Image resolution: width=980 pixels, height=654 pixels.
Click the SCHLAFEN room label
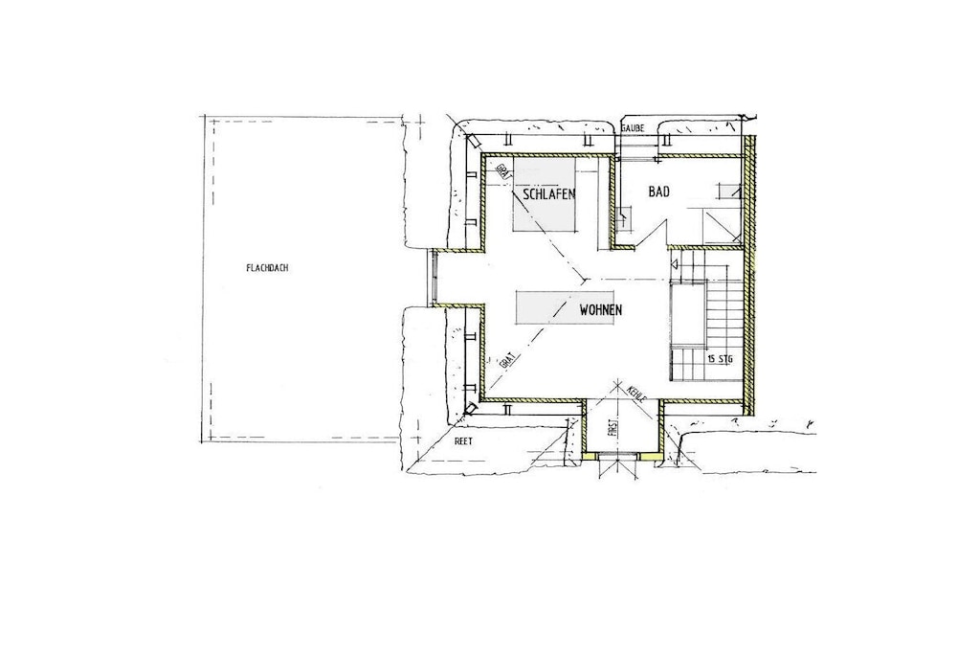pyautogui.click(x=549, y=193)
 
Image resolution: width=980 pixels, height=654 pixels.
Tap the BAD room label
pyautogui.click(x=658, y=192)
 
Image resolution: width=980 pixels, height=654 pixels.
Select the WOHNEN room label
pyautogui.click(x=601, y=309)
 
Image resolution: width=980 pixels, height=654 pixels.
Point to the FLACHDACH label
pyautogui.click(x=267, y=268)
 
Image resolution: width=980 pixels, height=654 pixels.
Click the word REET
pyautogui.click(x=464, y=441)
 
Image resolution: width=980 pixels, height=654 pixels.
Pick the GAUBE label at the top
pyautogui.click(x=632, y=127)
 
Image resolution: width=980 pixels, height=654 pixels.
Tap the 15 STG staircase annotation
pyautogui.click(x=721, y=359)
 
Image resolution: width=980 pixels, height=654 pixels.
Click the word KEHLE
pyautogui.click(x=635, y=394)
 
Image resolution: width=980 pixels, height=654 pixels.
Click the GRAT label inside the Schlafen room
pyautogui.click(x=501, y=170)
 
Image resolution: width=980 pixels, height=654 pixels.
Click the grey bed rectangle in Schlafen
pyautogui.click(x=544, y=193)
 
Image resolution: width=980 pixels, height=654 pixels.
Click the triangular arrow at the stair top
pyautogui.click(x=675, y=264)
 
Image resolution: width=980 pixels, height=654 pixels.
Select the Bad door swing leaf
pyautogui.click(x=651, y=236)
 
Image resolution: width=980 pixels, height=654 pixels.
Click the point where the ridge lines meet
pyautogui.click(x=584, y=280)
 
